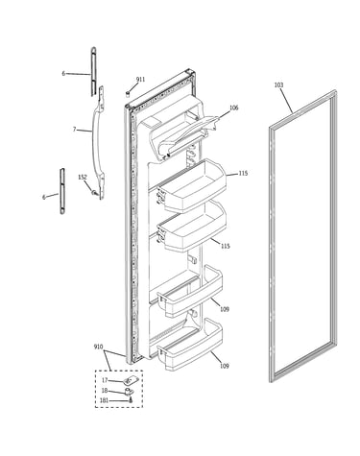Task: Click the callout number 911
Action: click(x=140, y=80)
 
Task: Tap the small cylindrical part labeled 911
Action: click(x=128, y=94)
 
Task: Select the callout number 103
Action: click(x=278, y=85)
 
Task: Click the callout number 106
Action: click(x=234, y=108)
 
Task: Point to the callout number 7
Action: click(x=74, y=130)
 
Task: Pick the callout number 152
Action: click(x=83, y=177)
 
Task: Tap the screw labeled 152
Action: click(x=94, y=193)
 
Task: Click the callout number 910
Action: click(x=98, y=347)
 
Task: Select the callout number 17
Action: click(x=105, y=380)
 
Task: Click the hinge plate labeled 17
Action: click(x=130, y=380)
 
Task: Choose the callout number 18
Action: click(x=105, y=391)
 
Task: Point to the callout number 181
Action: click(x=105, y=400)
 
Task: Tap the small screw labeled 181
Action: click(x=131, y=399)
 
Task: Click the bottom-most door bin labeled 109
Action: click(x=190, y=345)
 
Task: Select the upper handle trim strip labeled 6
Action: click(x=93, y=71)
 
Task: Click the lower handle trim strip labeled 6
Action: click(x=62, y=191)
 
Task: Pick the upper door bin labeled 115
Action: click(x=192, y=185)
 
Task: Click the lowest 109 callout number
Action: click(x=225, y=366)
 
